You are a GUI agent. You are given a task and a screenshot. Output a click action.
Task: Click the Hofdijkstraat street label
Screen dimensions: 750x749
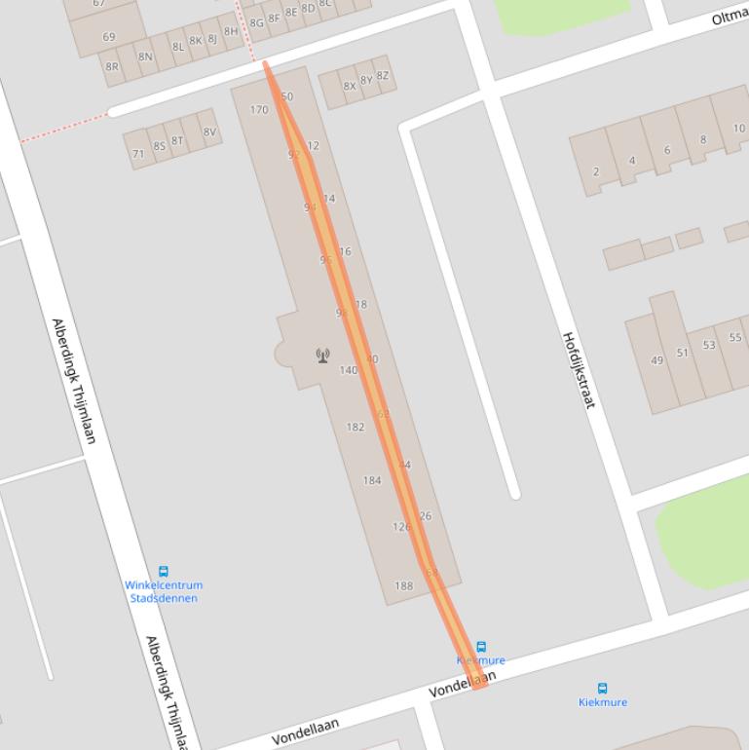click(578, 369)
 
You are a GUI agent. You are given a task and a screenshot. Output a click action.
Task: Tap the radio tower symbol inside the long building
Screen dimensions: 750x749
click(322, 356)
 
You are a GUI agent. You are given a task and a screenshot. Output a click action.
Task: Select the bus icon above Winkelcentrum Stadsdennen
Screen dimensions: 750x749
click(164, 572)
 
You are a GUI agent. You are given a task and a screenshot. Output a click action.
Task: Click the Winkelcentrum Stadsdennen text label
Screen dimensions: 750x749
click(164, 591)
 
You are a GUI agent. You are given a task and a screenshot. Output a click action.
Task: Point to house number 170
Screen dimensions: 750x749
click(259, 110)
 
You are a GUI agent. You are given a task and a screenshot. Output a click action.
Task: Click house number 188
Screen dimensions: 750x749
click(403, 586)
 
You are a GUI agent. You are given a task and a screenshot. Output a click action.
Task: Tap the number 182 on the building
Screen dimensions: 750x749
click(356, 427)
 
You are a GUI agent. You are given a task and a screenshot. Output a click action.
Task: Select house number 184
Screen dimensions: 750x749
click(372, 480)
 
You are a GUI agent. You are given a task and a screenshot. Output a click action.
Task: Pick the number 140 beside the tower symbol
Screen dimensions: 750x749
click(348, 370)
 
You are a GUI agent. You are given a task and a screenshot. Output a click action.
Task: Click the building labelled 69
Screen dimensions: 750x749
click(108, 37)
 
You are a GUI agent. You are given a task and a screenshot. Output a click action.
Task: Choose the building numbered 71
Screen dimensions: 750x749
click(138, 154)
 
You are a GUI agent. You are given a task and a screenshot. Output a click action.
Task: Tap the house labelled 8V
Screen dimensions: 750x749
click(209, 132)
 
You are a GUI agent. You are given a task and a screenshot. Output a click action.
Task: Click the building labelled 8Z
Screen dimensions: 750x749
click(382, 76)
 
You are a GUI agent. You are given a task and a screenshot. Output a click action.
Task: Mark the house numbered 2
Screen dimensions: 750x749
click(596, 172)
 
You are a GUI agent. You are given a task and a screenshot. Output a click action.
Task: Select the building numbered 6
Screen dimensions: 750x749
click(667, 150)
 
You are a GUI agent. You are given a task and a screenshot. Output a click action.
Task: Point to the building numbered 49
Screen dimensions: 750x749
click(656, 360)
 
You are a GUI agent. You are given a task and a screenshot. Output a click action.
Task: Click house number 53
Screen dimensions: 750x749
click(709, 345)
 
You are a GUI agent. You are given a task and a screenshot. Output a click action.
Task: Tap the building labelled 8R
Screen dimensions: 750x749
click(112, 67)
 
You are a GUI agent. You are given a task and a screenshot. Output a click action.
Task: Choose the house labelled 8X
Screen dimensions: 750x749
click(349, 86)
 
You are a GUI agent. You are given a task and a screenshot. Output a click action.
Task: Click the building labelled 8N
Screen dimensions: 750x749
click(145, 56)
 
